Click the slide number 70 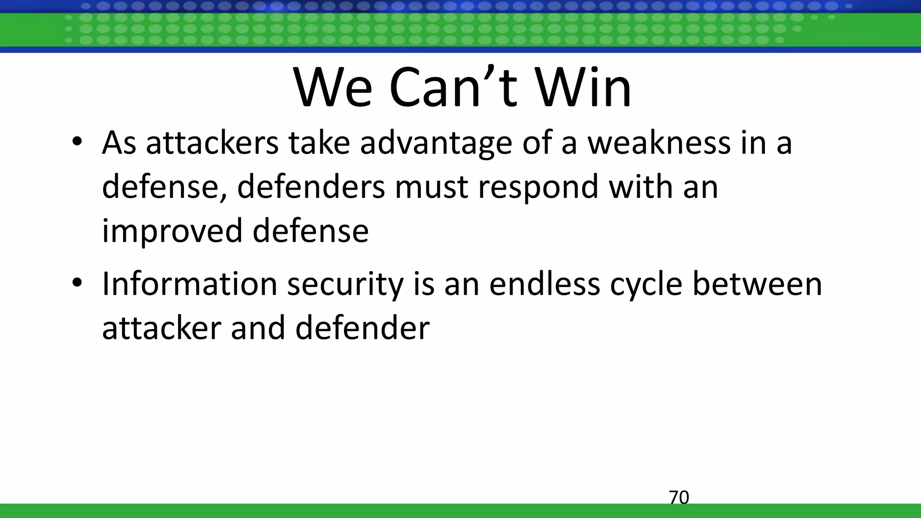click(x=679, y=498)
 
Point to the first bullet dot click(x=77, y=142)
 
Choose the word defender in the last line click(x=362, y=327)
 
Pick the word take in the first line click(x=319, y=143)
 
